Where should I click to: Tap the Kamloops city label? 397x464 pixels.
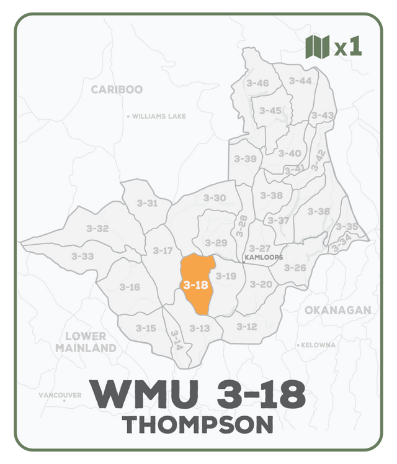(264, 257)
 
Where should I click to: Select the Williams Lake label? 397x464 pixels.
(159, 116)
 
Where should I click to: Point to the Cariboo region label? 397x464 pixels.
(117, 89)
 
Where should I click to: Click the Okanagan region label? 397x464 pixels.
(337, 310)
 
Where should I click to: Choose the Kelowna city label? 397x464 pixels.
(318, 345)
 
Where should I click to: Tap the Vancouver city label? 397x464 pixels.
(60, 395)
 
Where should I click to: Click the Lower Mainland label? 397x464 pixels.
(86, 342)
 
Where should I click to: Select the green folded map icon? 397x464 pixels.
(317, 47)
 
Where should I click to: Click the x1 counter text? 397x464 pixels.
(348, 48)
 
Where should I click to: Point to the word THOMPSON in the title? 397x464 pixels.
(198, 425)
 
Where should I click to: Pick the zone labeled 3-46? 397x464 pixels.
(257, 83)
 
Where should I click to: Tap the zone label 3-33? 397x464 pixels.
(83, 256)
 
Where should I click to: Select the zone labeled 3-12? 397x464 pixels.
(246, 327)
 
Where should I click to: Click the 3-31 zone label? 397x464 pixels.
(147, 203)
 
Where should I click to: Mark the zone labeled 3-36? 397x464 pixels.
(319, 211)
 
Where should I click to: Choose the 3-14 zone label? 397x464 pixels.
(176, 340)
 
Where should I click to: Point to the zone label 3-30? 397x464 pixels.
(215, 198)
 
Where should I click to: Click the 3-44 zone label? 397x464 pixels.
(300, 81)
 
